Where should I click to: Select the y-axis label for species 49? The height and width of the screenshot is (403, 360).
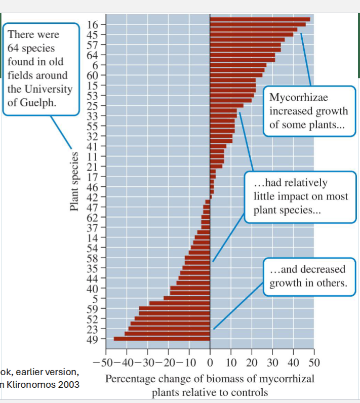[x=92, y=339]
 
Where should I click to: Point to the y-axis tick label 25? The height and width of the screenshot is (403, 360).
[x=92, y=105]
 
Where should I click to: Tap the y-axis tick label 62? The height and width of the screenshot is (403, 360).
[x=92, y=217]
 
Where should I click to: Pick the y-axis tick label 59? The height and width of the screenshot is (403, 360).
[x=92, y=308]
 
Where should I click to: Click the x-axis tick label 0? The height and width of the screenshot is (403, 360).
[x=210, y=362]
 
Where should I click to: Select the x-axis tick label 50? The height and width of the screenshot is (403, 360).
[x=314, y=362]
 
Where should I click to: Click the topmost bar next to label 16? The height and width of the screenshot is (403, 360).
[x=260, y=19]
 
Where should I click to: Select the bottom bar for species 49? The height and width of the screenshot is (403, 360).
[x=162, y=339]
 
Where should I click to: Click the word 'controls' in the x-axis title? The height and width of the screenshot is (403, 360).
[x=250, y=392]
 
